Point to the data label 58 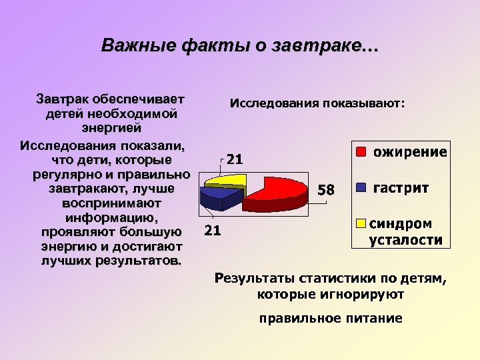tap(325, 190)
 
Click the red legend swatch tap(361, 151)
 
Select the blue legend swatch tap(361, 187)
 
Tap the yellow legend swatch tap(361, 223)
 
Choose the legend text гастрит tap(401, 187)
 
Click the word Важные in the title tap(136, 46)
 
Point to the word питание tap(370, 318)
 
